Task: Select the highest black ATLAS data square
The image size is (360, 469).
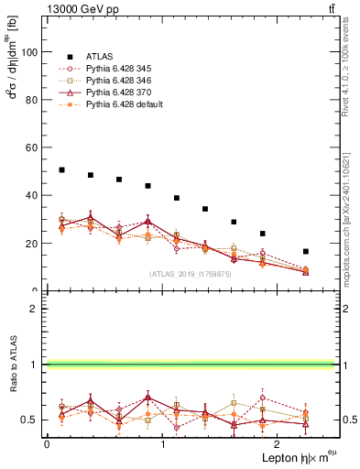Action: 61,169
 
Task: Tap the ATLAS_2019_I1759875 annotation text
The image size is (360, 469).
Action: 191,273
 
